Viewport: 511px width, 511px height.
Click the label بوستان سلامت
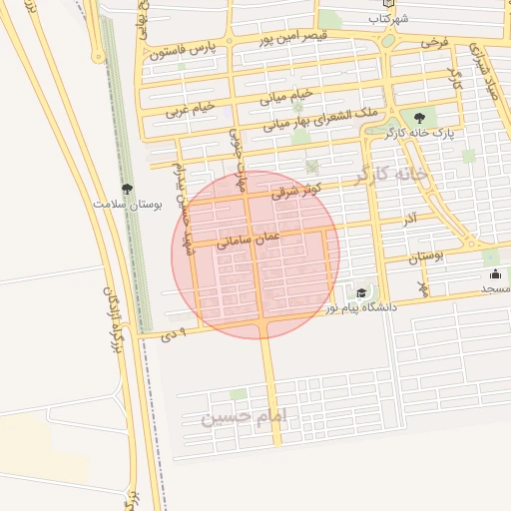point(128,203)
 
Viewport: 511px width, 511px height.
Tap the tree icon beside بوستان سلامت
point(128,188)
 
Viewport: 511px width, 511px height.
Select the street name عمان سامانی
point(248,239)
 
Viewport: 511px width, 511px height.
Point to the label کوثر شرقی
point(296,189)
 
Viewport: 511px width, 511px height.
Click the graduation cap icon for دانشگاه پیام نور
point(360,292)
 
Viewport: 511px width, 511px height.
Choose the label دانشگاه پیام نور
point(360,307)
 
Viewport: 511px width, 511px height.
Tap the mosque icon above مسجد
point(495,273)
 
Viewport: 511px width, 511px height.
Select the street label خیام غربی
point(190,109)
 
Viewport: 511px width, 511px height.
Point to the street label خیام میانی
point(286,96)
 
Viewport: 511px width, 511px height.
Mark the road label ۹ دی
point(176,335)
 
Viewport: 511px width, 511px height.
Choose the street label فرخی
point(434,43)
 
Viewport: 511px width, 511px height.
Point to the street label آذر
point(410,216)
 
